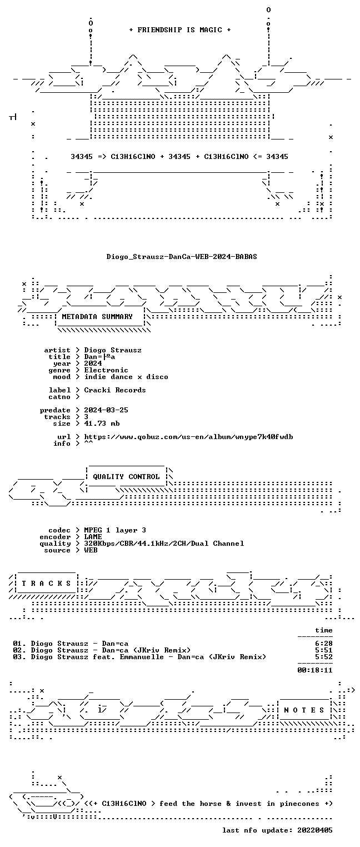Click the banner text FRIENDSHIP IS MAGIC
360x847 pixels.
179,30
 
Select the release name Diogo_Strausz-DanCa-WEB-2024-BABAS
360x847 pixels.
182,257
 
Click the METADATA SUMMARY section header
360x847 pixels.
97,316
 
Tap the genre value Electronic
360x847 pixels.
106,370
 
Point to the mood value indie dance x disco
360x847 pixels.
126,377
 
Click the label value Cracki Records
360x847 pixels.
114,390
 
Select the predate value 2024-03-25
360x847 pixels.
106,410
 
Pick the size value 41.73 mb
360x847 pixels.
102,423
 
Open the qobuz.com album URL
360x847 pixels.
188,437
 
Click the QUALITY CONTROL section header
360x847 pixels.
126,477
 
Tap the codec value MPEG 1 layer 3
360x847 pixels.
115,530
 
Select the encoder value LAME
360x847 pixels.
93,537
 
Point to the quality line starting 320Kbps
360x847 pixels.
164,544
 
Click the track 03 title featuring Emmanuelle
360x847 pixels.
139,657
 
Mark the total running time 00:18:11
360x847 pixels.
315,670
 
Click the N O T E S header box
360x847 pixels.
304,710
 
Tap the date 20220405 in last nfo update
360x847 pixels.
315,830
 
